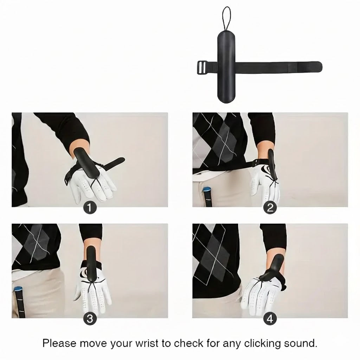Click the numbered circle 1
click(89, 208)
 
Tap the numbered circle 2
click(270, 208)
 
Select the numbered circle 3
click(90, 319)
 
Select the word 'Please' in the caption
click(59, 343)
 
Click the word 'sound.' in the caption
click(301, 343)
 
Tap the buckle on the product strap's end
click(201, 67)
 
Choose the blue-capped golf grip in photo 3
click(19, 302)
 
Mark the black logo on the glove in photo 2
click(266, 171)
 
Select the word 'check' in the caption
click(188, 343)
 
